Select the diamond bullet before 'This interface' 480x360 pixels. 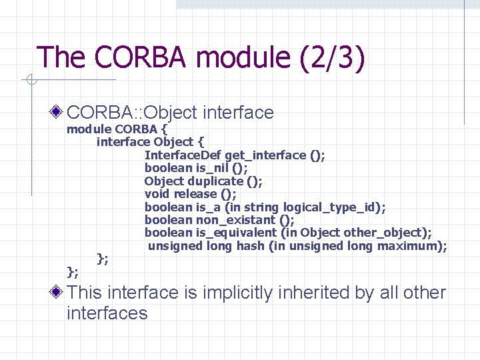58,291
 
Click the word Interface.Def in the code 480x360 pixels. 184,155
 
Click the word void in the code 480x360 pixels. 157,194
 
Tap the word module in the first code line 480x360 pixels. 89,129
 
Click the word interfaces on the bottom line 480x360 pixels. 107,313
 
